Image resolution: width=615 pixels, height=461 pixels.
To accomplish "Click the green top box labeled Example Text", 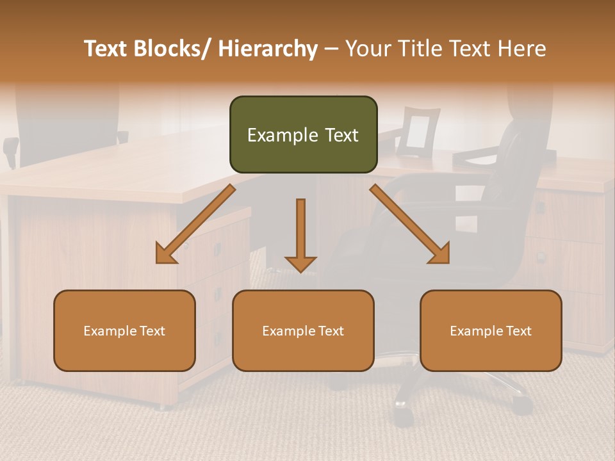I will click(303, 134).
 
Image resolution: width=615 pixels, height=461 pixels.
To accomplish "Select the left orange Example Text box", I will click(124, 330).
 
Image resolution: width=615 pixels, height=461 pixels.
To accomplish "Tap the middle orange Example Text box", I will click(303, 330).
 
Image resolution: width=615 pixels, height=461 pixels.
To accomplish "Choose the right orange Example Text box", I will click(491, 330).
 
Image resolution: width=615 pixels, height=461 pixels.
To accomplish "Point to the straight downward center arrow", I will click(300, 234).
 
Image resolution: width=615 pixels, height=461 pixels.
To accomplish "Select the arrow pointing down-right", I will click(410, 224).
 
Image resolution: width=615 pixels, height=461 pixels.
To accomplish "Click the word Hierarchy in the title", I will click(268, 49).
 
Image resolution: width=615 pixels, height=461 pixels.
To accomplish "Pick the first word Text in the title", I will click(106, 49).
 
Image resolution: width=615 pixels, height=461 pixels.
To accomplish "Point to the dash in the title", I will click(331, 49).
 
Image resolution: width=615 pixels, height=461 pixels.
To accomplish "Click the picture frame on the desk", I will click(417, 132).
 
